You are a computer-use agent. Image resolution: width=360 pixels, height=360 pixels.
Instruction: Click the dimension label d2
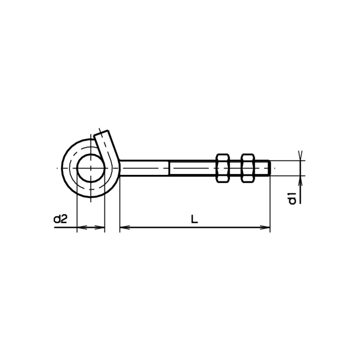pyautogui.click(x=60, y=219)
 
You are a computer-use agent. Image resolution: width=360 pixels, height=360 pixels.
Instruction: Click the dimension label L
pyautogui.click(x=194, y=219)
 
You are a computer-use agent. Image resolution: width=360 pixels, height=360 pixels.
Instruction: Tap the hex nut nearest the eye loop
pyautogui.click(x=223, y=168)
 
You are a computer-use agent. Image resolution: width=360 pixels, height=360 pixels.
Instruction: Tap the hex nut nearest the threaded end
pyautogui.click(x=248, y=168)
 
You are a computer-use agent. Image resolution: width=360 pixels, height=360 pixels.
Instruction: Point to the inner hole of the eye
pyautogui.click(x=91, y=168)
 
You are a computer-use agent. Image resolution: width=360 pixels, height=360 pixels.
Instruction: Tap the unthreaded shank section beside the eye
pyautogui.click(x=144, y=168)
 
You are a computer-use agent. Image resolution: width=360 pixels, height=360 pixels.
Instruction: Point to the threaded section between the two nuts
pyautogui.click(x=235, y=168)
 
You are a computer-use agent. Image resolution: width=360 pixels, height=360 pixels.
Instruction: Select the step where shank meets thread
pyautogui.click(x=170, y=168)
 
